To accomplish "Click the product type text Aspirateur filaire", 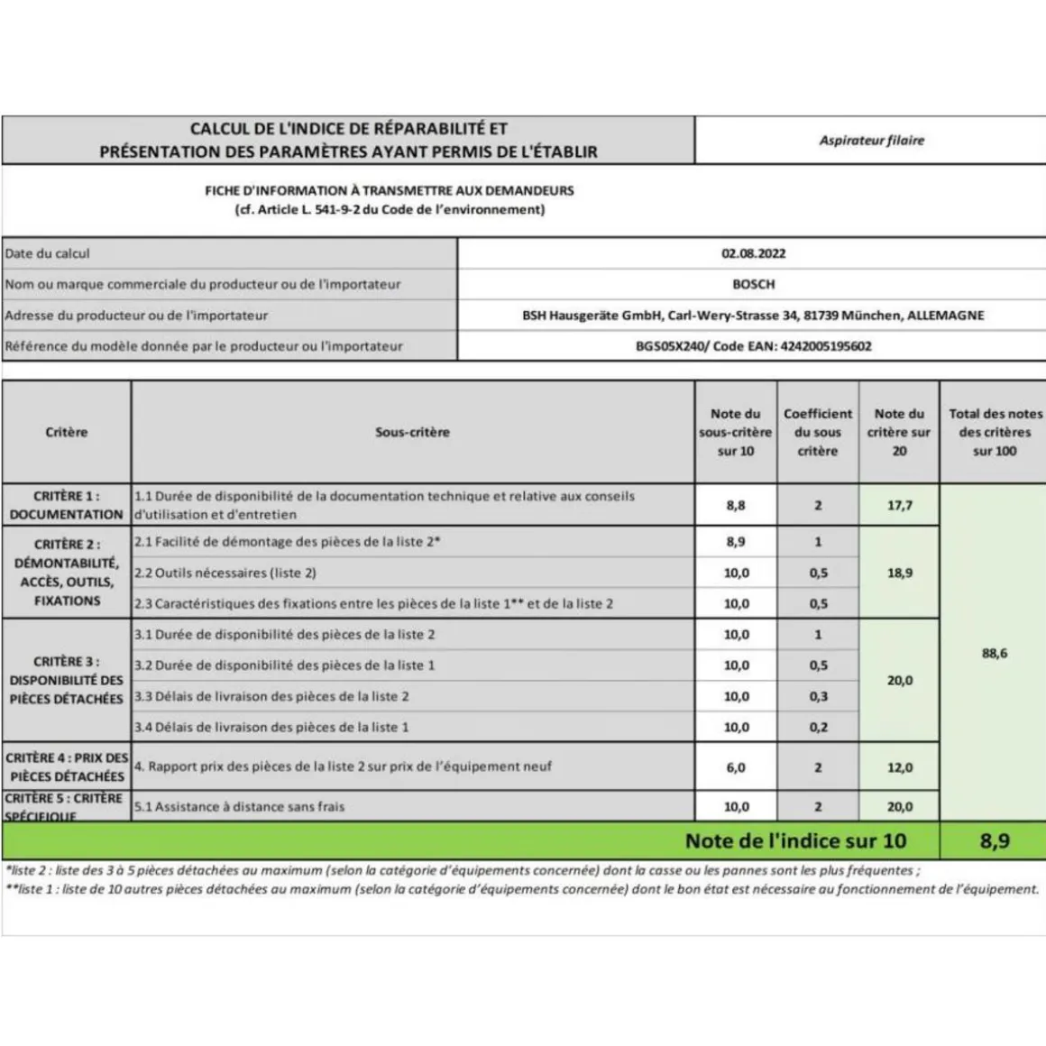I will (871, 141).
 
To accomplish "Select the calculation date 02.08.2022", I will (753, 253).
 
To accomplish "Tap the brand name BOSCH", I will (753, 284).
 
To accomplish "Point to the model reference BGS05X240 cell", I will (753, 346).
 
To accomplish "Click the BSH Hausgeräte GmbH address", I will (753, 316).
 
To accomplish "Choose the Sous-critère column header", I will (412, 432).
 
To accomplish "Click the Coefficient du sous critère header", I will (817, 432).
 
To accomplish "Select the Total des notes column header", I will (995, 432).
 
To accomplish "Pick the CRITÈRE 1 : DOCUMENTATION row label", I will (66, 505).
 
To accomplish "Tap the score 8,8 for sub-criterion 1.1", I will (736, 506).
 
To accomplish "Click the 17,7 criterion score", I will (899, 506).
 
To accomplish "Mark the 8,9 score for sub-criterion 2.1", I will (736, 542).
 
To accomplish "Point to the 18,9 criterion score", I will (899, 573).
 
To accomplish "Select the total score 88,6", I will (995, 653).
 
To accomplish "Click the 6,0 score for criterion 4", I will (736, 767).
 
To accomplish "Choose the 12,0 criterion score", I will (899, 767).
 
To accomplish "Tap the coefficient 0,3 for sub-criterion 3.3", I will (818, 696).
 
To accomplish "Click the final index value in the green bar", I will (995, 841).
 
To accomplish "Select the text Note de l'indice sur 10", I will (795, 841).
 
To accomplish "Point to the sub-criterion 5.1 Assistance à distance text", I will (240, 807).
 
